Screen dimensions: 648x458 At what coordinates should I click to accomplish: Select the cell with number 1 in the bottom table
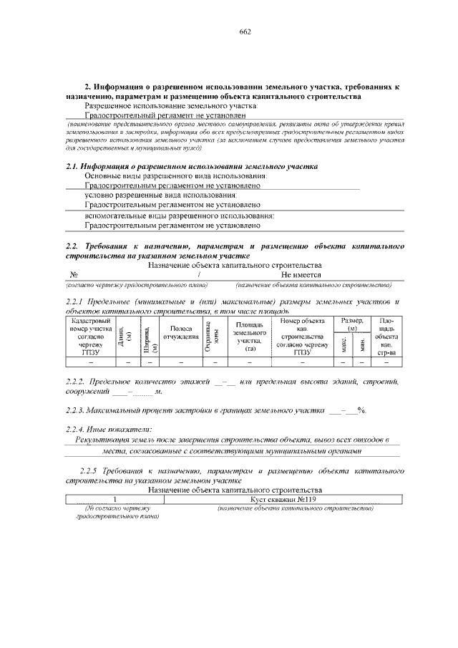point(114,499)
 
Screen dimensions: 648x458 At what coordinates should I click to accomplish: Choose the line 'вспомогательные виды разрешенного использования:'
point(180,216)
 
